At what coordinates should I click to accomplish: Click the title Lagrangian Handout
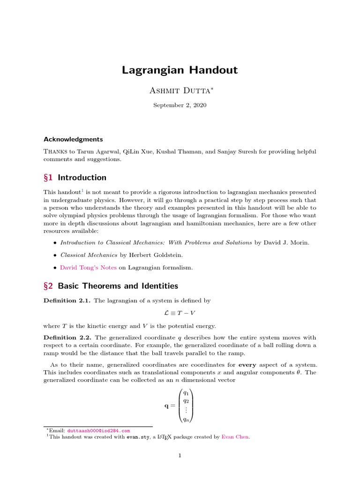(x=180, y=70)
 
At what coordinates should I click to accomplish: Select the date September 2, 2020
(x=180, y=105)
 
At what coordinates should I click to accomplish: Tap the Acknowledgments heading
(x=73, y=139)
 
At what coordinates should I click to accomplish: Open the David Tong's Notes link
(x=88, y=268)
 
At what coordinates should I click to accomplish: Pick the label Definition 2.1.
(x=67, y=300)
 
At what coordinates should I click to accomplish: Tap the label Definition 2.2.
(x=67, y=337)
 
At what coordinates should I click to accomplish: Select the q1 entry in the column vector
(x=186, y=392)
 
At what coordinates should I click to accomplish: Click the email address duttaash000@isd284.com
(x=98, y=430)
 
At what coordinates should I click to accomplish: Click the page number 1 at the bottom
(x=180, y=455)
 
